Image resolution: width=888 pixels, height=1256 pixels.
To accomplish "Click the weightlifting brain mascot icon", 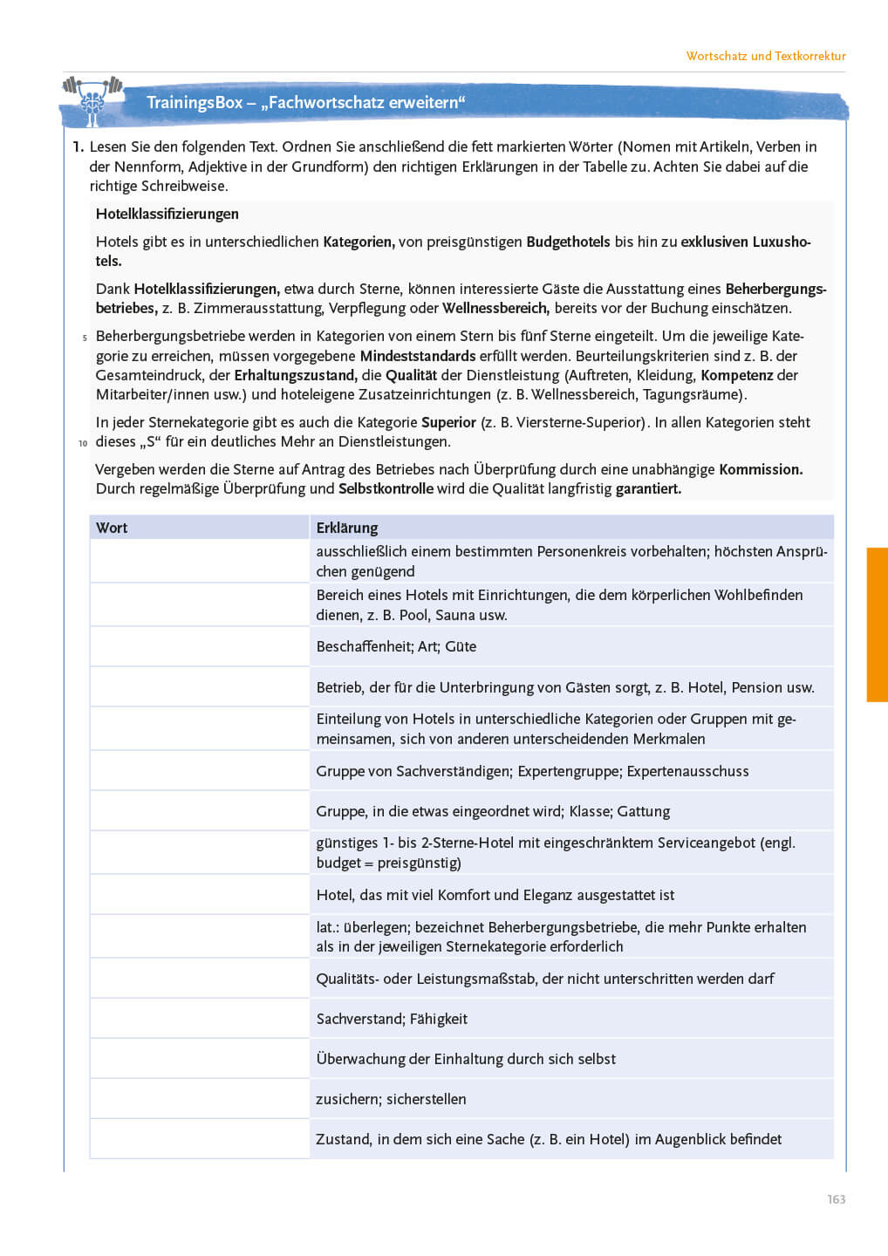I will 92,99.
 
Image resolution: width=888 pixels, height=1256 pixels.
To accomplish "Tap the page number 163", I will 836,1199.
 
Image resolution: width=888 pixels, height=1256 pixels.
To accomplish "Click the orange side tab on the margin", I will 876,624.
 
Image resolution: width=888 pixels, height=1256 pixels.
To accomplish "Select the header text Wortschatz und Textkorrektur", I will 765,56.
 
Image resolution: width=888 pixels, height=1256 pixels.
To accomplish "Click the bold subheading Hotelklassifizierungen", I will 167,214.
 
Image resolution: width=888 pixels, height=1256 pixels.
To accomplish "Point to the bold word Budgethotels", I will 568,242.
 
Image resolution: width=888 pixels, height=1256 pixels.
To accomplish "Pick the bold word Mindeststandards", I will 418,356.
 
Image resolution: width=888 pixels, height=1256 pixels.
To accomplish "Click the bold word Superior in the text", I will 448,422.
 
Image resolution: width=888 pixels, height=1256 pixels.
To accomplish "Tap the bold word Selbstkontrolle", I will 386,488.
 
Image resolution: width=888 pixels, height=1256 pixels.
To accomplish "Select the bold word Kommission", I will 761,469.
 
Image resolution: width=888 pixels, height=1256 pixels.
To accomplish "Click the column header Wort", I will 112,528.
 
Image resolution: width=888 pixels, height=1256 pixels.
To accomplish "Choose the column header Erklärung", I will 346,528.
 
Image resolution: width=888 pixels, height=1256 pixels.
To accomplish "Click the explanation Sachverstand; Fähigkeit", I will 392,1019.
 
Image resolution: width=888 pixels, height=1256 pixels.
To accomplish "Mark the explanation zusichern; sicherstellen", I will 391,1099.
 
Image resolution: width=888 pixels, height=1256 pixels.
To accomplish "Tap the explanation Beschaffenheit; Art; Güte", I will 396,646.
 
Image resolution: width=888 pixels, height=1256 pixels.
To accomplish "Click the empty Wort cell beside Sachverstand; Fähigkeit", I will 199,1019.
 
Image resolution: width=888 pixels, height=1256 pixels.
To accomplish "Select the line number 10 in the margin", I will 83,443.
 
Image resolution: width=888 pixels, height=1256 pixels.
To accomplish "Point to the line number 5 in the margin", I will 85,338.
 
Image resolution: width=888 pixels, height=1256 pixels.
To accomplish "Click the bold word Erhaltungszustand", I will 295,375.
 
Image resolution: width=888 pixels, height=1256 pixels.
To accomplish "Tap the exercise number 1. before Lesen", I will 78,147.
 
